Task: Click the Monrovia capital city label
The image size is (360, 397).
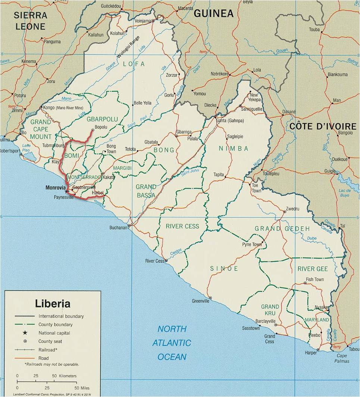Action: click(x=56, y=187)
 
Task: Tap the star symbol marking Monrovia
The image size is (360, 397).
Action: click(x=67, y=192)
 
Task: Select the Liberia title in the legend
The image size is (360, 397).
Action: click(x=53, y=303)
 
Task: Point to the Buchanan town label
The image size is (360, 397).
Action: click(x=118, y=228)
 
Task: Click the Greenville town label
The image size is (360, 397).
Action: click(x=201, y=301)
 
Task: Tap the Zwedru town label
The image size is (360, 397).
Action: click(x=292, y=209)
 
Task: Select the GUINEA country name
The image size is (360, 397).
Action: click(x=213, y=14)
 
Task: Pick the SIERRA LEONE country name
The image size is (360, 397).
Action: click(x=30, y=21)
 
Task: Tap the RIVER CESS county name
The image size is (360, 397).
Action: click(x=182, y=226)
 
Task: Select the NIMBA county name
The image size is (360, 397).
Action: click(x=234, y=149)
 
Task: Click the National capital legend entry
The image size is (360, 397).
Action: click(x=54, y=333)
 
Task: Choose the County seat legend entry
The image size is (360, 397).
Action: click(x=50, y=341)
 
